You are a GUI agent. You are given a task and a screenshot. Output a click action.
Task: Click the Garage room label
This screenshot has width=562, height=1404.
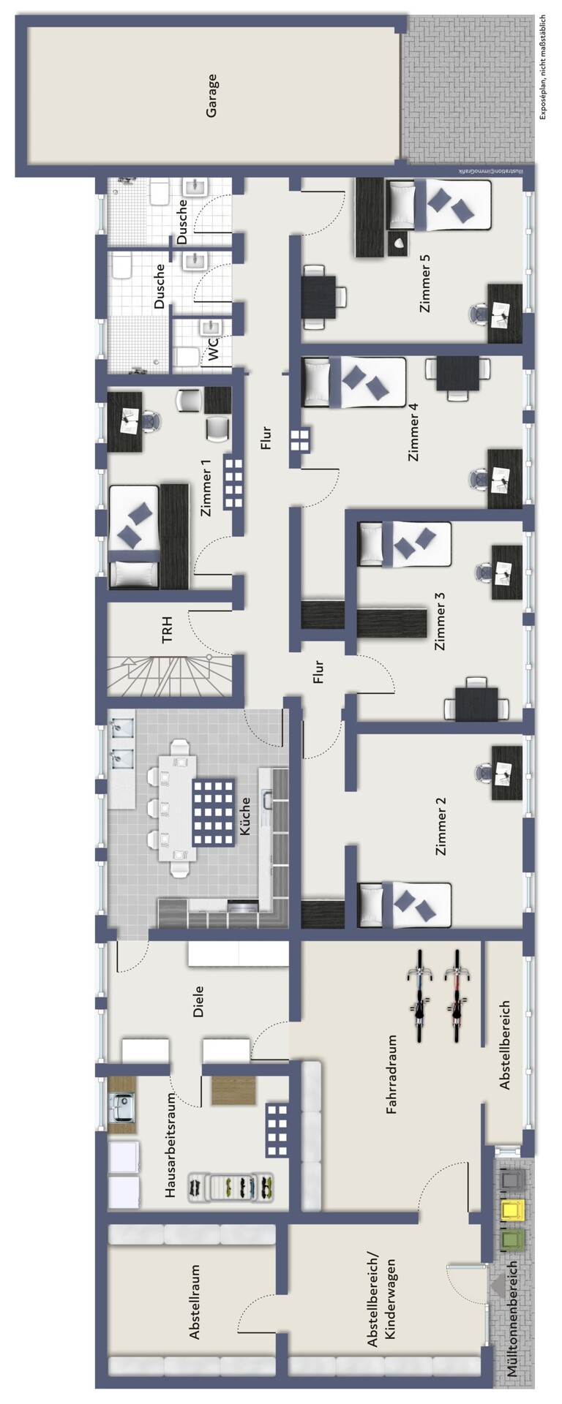click(x=211, y=96)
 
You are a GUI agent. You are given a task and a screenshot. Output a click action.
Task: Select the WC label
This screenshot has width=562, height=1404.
click(x=213, y=350)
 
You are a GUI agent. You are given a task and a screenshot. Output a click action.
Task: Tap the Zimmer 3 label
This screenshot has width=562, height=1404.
click(x=440, y=621)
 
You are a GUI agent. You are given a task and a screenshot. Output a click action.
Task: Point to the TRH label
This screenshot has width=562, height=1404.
click(x=168, y=630)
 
